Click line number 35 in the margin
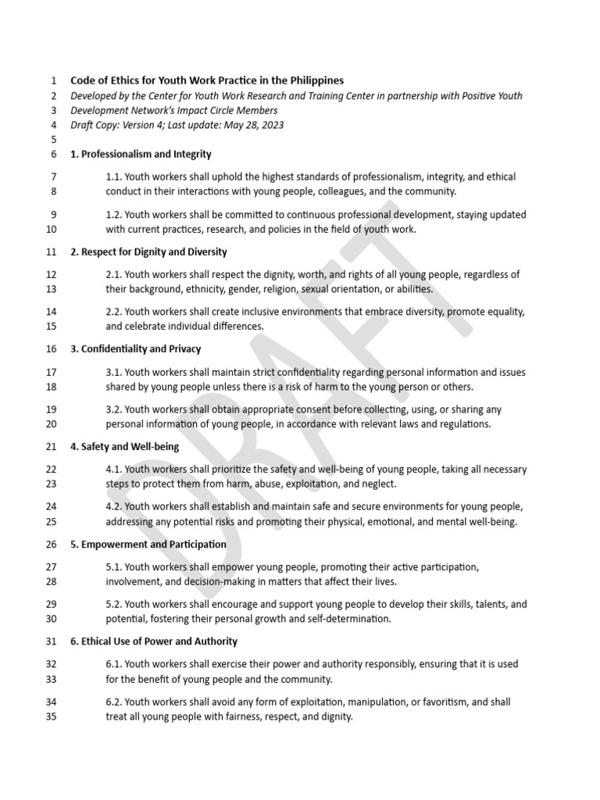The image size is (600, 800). tap(52, 716)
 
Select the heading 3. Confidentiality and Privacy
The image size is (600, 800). tap(136, 349)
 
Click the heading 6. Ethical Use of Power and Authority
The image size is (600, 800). tap(154, 641)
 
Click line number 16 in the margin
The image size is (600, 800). tap(52, 349)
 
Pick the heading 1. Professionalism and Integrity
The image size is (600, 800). tap(141, 154)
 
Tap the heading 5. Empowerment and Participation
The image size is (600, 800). tap(148, 544)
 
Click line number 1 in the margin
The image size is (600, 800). tap(53, 80)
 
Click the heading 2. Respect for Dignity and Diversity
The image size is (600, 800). tap(148, 252)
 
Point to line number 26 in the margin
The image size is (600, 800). tap(52, 544)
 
